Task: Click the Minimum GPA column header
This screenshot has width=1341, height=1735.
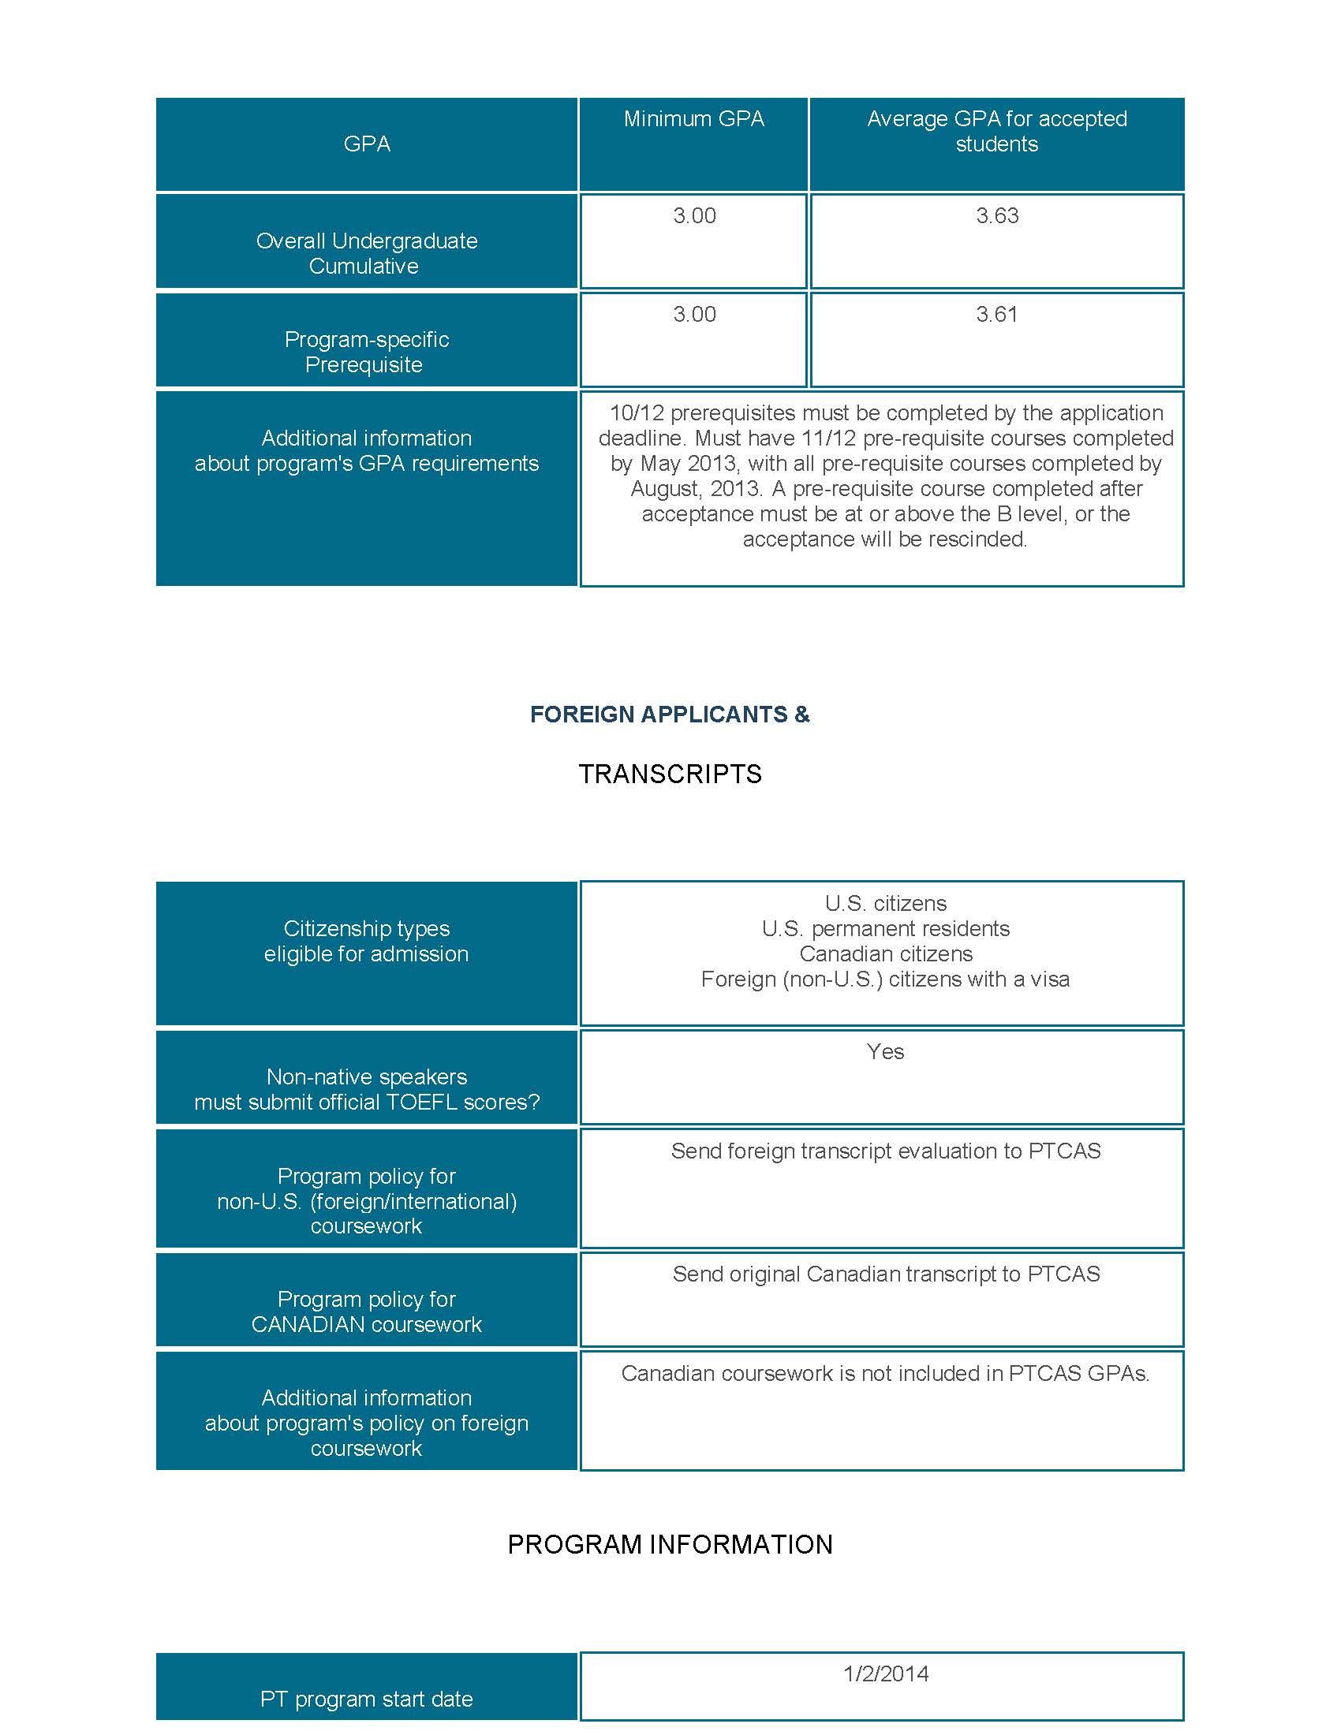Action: [x=693, y=119]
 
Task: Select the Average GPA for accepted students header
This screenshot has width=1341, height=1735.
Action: [x=996, y=131]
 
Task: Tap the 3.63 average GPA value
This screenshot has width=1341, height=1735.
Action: [x=997, y=216]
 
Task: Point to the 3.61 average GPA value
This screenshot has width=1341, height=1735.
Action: [x=997, y=315]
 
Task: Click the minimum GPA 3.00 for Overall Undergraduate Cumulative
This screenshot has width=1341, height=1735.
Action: [x=694, y=216]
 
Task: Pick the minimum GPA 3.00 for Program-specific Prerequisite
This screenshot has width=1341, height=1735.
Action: [x=694, y=315]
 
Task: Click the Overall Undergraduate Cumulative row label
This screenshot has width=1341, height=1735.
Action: [x=366, y=253]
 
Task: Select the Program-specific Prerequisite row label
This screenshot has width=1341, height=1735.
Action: [x=366, y=352]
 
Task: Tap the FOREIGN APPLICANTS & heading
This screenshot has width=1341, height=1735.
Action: [x=670, y=715]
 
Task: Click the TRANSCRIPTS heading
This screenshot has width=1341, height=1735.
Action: [x=670, y=774]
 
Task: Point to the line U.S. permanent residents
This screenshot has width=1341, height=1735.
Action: [x=885, y=929]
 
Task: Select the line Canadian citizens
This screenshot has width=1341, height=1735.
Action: [x=885, y=954]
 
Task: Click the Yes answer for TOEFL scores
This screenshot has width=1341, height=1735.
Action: [x=885, y=1052]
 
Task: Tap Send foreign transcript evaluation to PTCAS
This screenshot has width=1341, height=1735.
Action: [x=885, y=1151]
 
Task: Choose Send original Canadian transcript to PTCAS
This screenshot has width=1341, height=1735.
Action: [x=885, y=1274]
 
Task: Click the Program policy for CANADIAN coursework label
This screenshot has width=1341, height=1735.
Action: [x=366, y=1312]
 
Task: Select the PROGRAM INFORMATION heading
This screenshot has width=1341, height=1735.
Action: [x=670, y=1544]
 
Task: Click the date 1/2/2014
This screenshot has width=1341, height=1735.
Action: [x=885, y=1673]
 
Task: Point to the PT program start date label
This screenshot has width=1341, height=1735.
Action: [x=366, y=1700]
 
